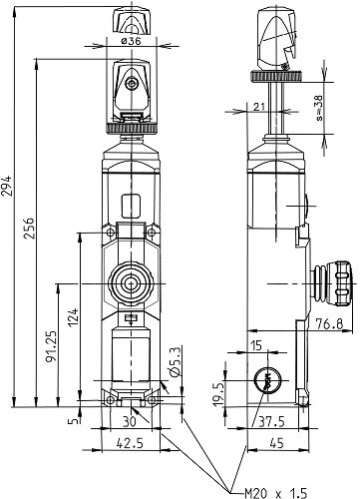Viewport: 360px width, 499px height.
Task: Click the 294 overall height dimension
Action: pos(7,186)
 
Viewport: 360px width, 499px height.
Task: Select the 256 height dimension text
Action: pos(29,229)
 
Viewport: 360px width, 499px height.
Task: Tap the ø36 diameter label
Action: pos(131,41)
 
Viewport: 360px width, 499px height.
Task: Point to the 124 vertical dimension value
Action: pos(73,317)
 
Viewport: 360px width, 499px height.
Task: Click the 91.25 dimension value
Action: pos(51,346)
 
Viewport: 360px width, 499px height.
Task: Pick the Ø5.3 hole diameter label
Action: pos(175,362)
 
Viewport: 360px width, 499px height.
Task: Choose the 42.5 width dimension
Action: pos(130,443)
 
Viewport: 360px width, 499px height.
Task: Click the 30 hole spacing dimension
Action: pos(130,422)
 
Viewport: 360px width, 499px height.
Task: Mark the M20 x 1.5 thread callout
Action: pos(275,493)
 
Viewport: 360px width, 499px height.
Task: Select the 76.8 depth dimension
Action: pos(329,323)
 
